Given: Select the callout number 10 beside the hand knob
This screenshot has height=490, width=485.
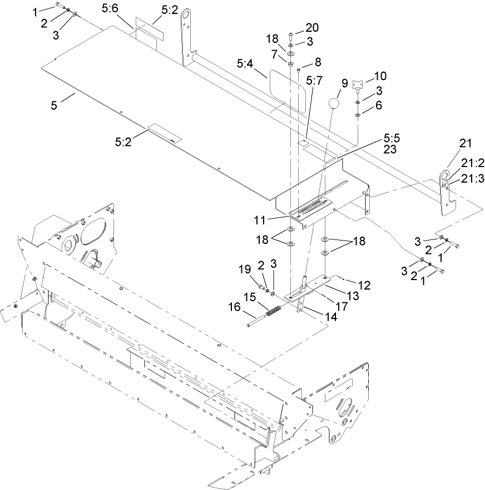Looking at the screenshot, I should tap(380, 76).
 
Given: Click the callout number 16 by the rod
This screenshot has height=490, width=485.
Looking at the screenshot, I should tap(235, 306).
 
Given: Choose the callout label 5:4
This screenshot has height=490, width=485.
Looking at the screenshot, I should tap(245, 65).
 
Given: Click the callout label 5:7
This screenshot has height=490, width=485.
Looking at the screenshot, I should tap(315, 80).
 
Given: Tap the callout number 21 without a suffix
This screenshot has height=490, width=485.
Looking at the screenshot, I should tap(465, 144).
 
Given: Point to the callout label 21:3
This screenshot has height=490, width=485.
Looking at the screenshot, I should tap(472, 178).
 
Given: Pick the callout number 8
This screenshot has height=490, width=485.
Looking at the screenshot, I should tap(318, 62).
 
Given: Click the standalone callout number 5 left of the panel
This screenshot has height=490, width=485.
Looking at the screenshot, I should tap(54, 105).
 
